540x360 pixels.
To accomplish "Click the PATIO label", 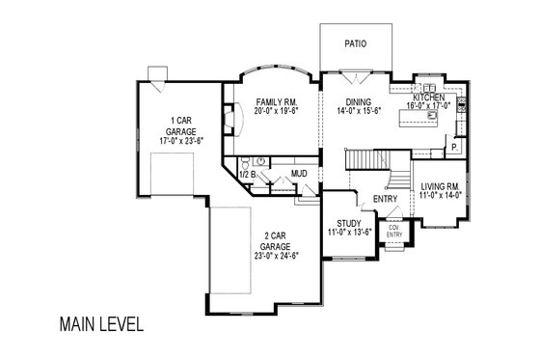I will click(356, 44).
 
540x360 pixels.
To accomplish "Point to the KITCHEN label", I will click(427, 98).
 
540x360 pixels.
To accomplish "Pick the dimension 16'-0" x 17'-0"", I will click(427, 108).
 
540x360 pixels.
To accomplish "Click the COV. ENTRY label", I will click(393, 232).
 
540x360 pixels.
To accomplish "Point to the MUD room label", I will click(300, 175).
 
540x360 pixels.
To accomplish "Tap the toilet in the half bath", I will click(245, 161).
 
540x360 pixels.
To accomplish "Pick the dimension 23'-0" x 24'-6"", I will click(263, 256).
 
